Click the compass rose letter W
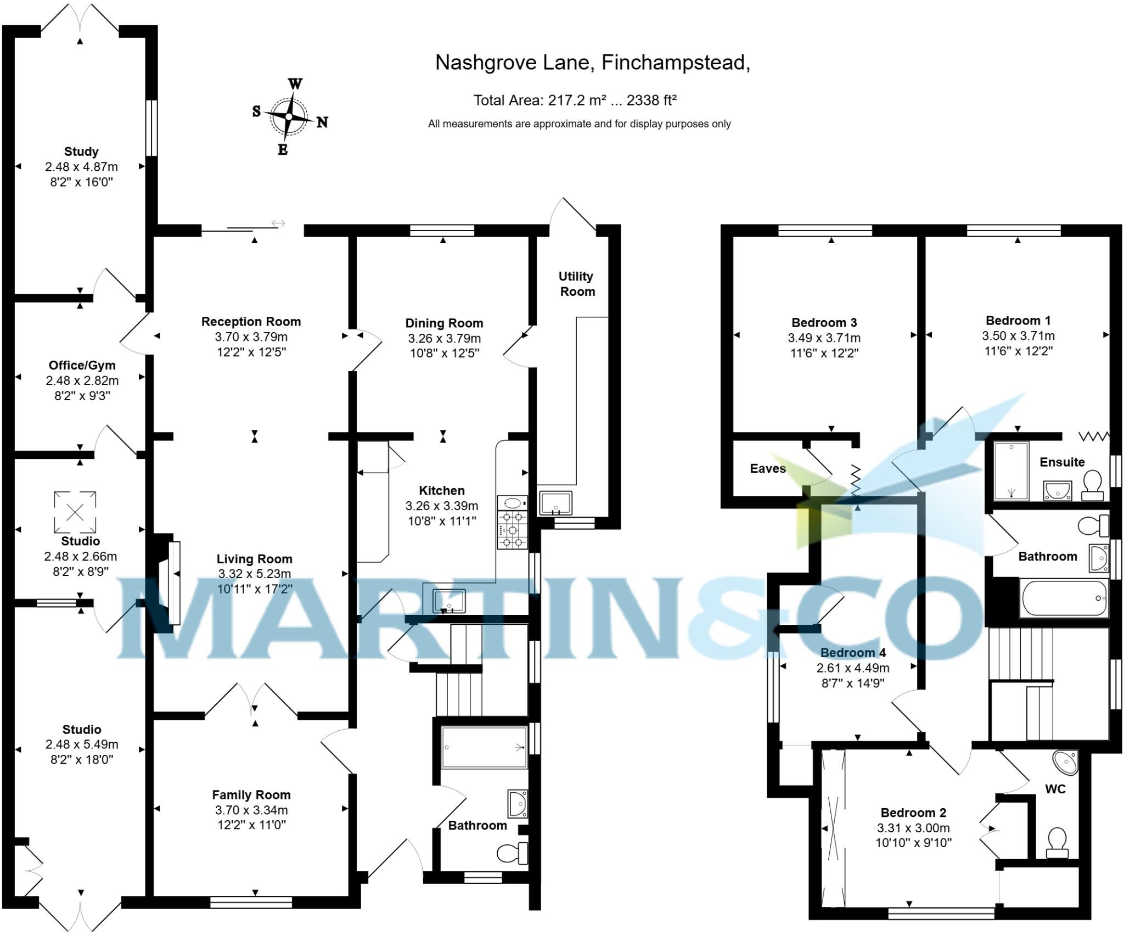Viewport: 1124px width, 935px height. pyautogui.click(x=295, y=84)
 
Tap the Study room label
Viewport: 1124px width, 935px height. pyautogui.click(x=81, y=152)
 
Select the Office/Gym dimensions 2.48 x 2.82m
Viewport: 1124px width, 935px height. pyautogui.click(x=82, y=380)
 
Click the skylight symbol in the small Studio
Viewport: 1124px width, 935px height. pyautogui.click(x=75, y=512)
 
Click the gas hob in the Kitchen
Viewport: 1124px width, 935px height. pyautogui.click(x=513, y=530)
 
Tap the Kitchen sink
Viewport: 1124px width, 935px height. pyautogui.click(x=449, y=601)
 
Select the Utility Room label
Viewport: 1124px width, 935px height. pyautogui.click(x=576, y=284)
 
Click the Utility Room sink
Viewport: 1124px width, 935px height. pyautogui.click(x=555, y=503)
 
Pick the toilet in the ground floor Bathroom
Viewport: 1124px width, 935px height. pyautogui.click(x=512, y=853)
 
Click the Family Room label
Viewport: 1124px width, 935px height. pyautogui.click(x=251, y=795)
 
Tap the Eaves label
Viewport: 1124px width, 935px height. pyautogui.click(x=768, y=468)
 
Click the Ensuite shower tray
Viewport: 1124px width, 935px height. pyautogui.click(x=1011, y=471)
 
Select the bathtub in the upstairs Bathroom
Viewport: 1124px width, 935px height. pyautogui.click(x=1064, y=598)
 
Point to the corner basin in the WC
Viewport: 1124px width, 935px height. pyautogui.click(x=1066, y=763)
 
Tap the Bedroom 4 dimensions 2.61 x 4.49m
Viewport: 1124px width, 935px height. pyautogui.click(x=853, y=668)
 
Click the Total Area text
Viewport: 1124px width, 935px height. pyautogui.click(x=575, y=100)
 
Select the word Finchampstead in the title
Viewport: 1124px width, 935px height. pyautogui.click(x=675, y=63)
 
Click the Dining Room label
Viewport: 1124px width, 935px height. pyautogui.click(x=444, y=323)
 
